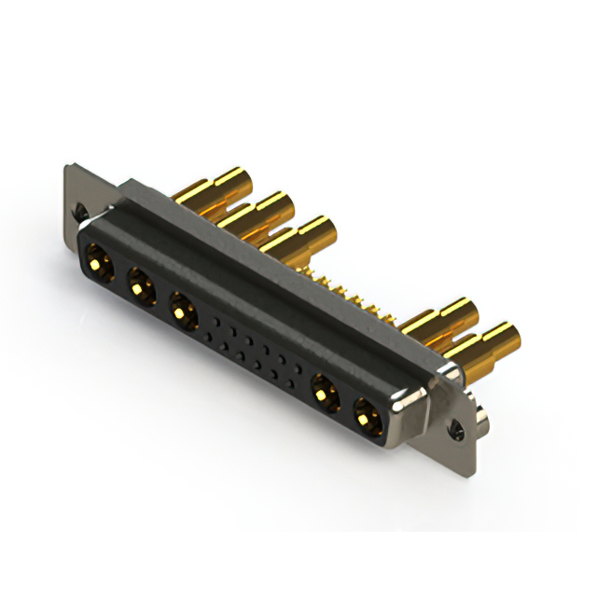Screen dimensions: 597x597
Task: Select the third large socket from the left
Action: click(183, 309)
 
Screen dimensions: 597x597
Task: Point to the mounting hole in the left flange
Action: click(83, 213)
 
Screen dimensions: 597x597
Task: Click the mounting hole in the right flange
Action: click(457, 432)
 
